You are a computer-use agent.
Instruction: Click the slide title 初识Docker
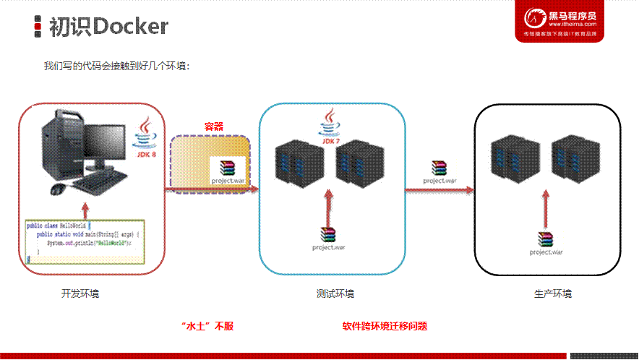[108, 27]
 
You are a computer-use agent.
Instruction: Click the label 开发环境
[80, 294]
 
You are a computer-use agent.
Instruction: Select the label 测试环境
[335, 294]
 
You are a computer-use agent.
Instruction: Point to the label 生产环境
[553, 294]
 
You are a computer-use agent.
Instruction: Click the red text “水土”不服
[208, 326]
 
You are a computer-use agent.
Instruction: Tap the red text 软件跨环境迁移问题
[385, 326]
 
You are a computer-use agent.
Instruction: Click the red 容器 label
[213, 126]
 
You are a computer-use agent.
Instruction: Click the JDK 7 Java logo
[330, 127]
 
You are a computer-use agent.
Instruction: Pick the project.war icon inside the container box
[228, 171]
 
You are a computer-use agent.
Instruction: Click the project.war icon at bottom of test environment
[329, 238]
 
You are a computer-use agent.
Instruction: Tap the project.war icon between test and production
[439, 171]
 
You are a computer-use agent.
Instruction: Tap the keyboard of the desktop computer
[98, 184]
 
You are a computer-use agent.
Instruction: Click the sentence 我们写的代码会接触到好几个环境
[116, 67]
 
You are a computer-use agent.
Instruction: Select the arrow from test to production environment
[439, 191]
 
